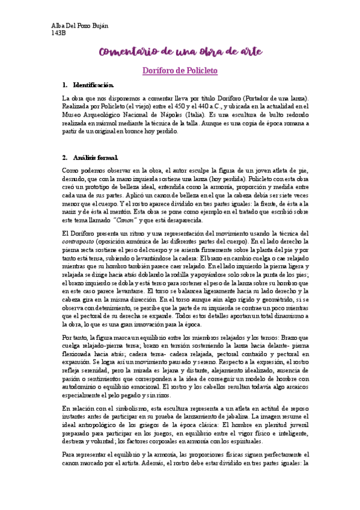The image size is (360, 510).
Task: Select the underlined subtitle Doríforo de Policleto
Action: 179,70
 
